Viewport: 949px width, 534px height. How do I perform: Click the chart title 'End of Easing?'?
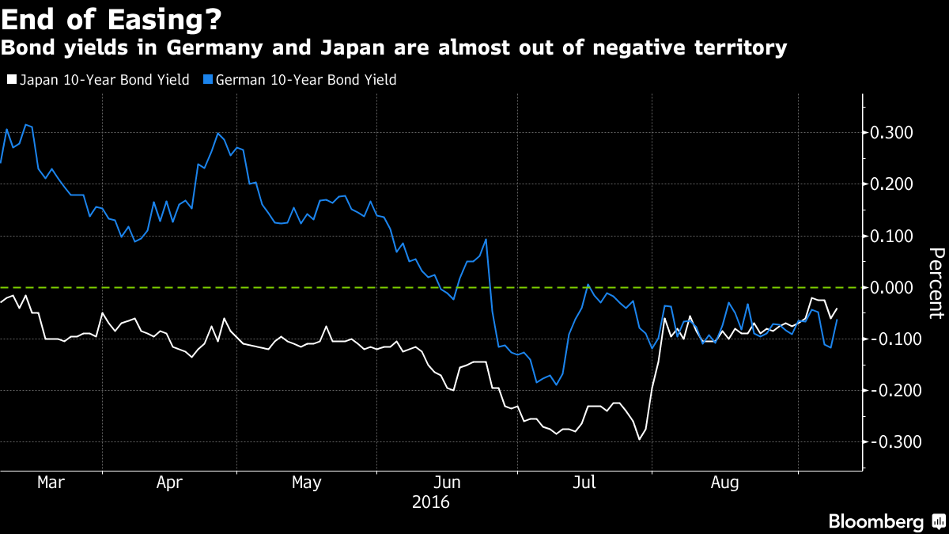point(112,17)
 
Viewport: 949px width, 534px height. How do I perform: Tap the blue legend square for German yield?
point(208,80)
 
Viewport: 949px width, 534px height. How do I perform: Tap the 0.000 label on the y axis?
point(895,287)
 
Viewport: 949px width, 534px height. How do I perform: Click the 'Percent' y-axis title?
point(936,282)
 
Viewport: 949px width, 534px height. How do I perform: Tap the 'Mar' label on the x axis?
point(51,482)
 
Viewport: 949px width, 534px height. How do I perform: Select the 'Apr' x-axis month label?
point(171,482)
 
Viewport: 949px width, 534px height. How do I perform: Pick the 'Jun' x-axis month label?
point(448,482)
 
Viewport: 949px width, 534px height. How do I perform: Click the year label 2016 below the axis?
point(431,502)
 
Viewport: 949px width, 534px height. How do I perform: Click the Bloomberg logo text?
point(875,521)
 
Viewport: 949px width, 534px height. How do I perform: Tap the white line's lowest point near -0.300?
point(639,440)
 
